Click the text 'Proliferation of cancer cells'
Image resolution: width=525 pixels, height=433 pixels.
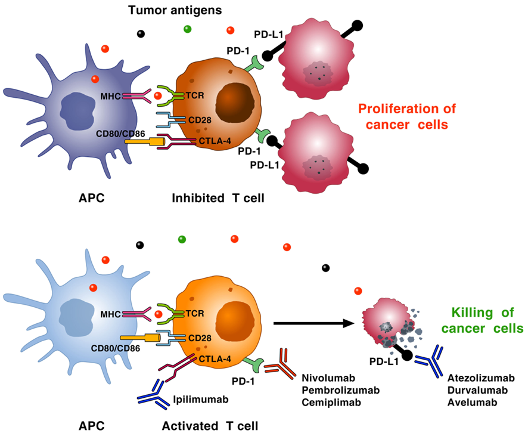pos(407,116)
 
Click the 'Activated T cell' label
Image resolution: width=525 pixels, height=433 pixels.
pos(210,425)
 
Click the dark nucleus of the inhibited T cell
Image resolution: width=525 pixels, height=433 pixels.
pos(233,102)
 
